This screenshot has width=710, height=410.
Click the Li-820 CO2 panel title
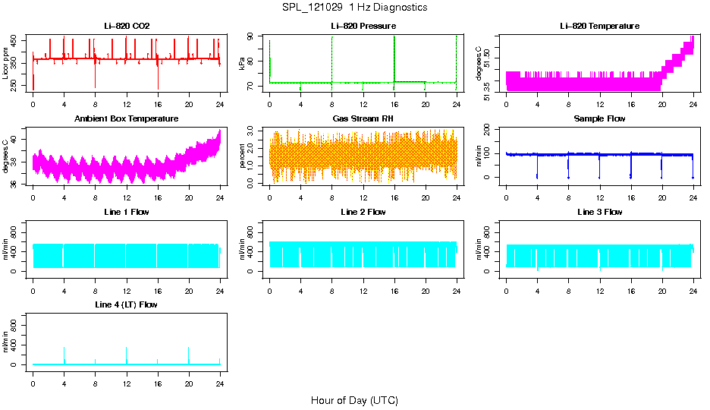click(127, 26)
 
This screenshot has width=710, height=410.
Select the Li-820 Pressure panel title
click(363, 26)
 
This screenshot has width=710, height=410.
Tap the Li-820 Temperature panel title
click(599, 26)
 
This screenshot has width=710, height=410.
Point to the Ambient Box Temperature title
click(127, 119)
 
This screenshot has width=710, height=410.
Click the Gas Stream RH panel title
click(363, 119)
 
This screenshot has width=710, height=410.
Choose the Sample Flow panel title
click(599, 119)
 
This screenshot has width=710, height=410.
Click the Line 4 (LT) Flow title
click(127, 304)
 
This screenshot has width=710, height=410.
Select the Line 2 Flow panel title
click(363, 212)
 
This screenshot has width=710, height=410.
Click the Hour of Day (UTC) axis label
click(354, 400)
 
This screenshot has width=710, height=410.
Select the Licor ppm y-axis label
click(7, 64)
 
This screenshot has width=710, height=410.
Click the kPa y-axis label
click(243, 64)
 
